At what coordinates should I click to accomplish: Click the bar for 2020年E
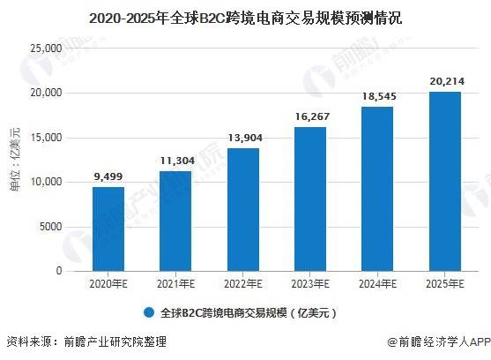[x=108, y=229]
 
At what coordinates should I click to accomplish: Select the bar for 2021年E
[x=175, y=221]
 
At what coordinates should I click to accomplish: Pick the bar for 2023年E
[x=309, y=199]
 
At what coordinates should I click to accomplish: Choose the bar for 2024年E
[x=376, y=188]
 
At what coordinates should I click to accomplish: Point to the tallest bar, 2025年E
[x=443, y=181]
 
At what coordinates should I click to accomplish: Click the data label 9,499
[x=108, y=176]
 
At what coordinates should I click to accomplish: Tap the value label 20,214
[x=443, y=81]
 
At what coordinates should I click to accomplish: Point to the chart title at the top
[x=246, y=15]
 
